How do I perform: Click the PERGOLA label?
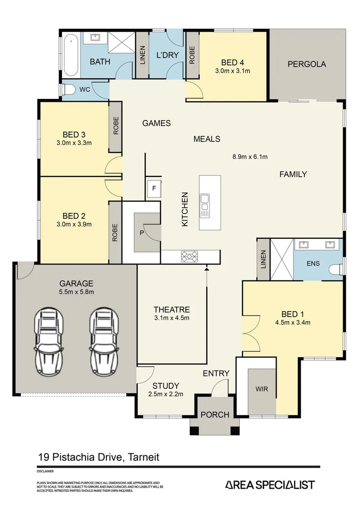click(x=307, y=64)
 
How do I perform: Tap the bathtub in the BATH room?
click(x=71, y=55)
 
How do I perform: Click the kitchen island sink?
click(x=205, y=203)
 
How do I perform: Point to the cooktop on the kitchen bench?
click(x=190, y=256)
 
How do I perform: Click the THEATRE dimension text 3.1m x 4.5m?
click(x=172, y=318)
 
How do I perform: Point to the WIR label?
click(x=262, y=389)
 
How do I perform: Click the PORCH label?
click(x=215, y=415)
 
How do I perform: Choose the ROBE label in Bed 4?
click(x=192, y=56)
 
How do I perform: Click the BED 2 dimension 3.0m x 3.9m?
click(x=74, y=224)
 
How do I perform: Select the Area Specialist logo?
click(x=270, y=484)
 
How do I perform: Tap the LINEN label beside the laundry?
click(x=142, y=56)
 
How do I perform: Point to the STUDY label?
click(x=163, y=385)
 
